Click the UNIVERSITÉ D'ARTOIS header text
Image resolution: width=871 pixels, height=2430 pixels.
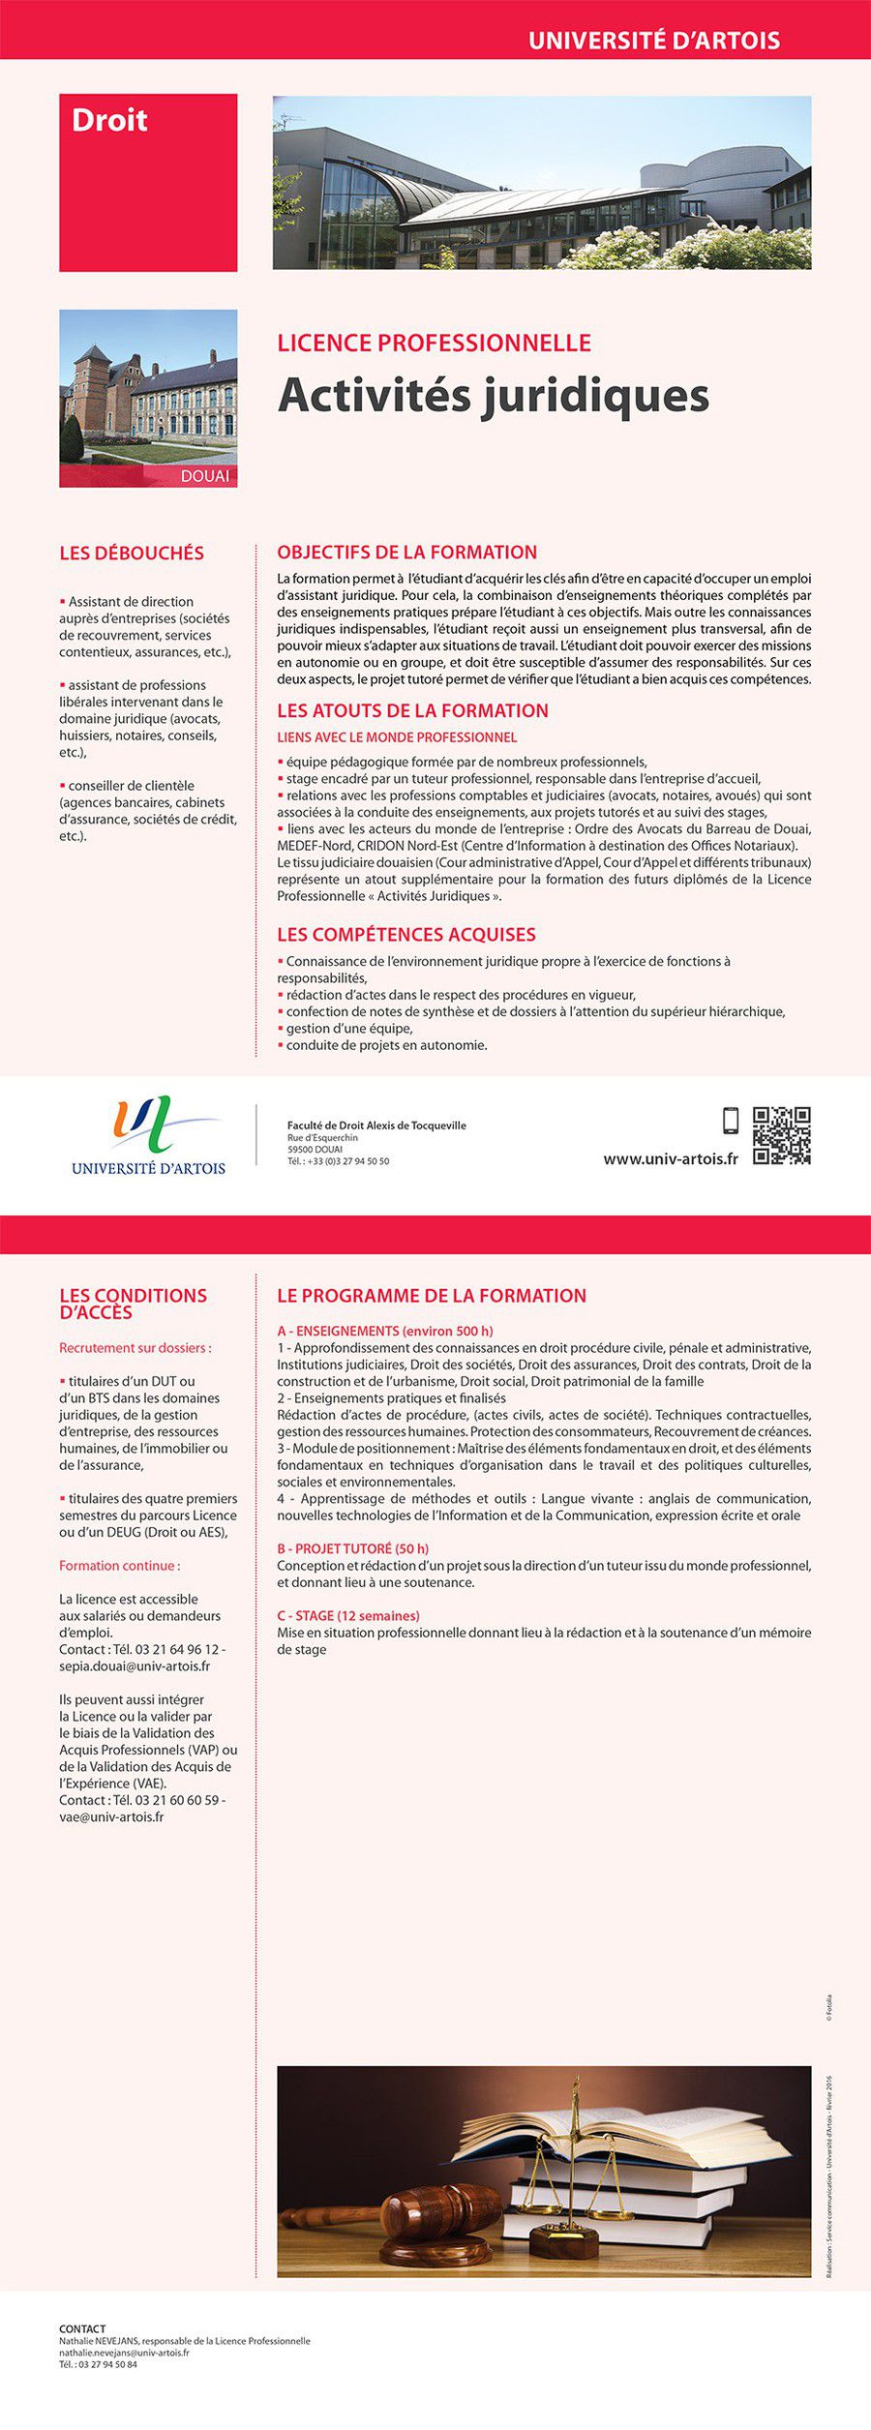point(653,41)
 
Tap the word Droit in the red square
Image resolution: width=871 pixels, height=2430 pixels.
point(109,120)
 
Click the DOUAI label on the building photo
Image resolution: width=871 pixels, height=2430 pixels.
point(204,476)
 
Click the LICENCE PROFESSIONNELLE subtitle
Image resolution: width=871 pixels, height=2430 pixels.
point(434,343)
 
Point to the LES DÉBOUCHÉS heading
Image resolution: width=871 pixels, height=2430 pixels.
point(132,553)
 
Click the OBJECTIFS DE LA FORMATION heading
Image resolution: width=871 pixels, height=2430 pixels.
point(406,552)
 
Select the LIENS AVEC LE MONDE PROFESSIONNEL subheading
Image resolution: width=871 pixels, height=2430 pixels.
point(397,737)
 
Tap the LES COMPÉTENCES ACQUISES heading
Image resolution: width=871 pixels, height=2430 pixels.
point(405,934)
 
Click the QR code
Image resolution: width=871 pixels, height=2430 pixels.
point(781,1136)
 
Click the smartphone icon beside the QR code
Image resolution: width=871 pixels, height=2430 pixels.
point(731,1121)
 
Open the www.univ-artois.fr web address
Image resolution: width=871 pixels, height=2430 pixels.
point(670,1158)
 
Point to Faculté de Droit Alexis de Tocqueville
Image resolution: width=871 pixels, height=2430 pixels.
point(376,1125)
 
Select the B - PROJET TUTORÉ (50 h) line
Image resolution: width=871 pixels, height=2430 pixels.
point(352,1548)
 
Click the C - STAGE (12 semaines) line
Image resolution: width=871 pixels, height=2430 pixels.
point(347,1615)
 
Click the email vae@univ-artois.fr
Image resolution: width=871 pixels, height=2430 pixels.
point(111,1816)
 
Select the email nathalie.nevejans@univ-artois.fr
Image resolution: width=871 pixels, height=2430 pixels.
point(124,2352)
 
